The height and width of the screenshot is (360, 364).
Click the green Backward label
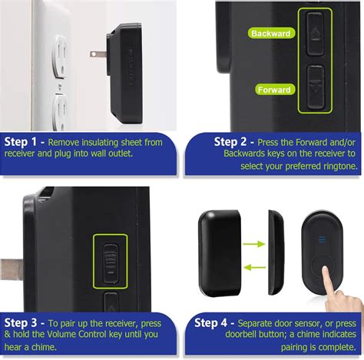(x=270, y=35)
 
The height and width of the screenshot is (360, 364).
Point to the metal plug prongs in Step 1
(x=97, y=54)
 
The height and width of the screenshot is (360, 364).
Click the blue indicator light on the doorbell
(x=322, y=239)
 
